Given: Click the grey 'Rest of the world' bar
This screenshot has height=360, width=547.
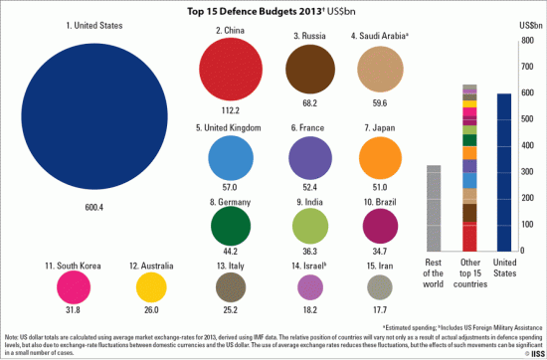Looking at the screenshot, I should tap(433, 209).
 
